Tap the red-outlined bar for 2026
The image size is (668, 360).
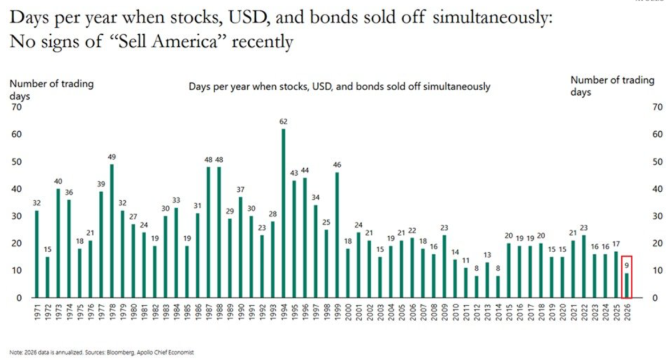[x=626, y=285]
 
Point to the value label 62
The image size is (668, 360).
[x=283, y=122]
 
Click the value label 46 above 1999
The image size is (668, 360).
[x=337, y=165]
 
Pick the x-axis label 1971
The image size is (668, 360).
[x=37, y=312]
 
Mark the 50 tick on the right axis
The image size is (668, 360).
[x=657, y=161]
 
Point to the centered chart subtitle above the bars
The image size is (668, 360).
[x=339, y=87]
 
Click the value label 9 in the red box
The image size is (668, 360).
[x=626, y=265]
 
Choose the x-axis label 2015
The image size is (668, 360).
[x=509, y=312]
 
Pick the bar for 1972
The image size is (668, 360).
[x=47, y=277]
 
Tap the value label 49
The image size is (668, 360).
[x=112, y=157]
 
